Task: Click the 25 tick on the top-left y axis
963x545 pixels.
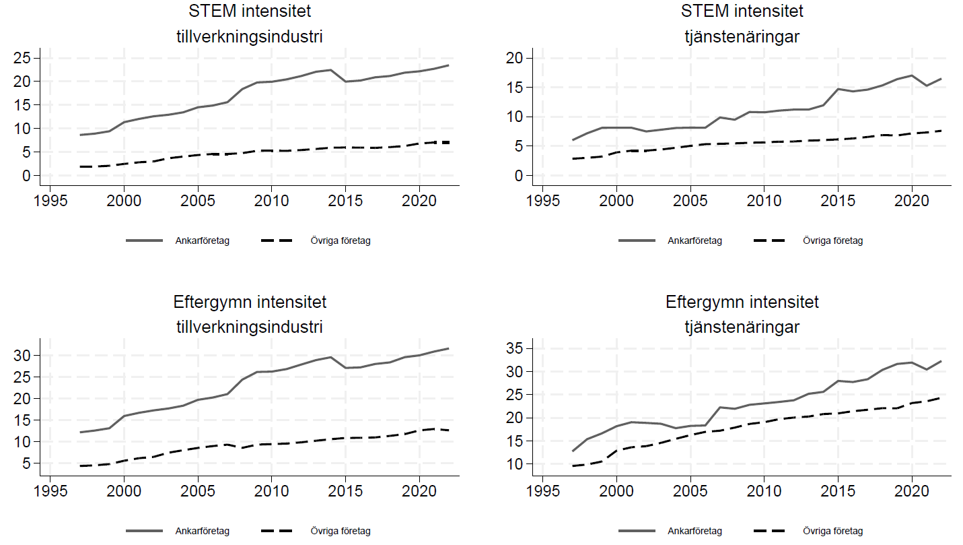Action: [x=26, y=58]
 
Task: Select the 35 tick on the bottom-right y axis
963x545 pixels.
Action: [x=518, y=348]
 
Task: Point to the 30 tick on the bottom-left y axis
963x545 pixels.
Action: [x=26, y=355]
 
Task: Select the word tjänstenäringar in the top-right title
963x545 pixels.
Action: [x=742, y=36]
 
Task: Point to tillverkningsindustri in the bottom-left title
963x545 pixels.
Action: [x=249, y=327]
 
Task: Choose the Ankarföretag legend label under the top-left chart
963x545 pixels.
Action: [x=203, y=241]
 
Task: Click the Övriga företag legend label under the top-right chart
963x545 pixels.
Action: [x=832, y=241]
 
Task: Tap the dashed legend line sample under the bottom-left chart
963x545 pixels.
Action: [x=275, y=531]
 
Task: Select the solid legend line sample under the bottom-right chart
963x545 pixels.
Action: [x=637, y=531]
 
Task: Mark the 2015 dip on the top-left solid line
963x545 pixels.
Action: [x=345, y=82]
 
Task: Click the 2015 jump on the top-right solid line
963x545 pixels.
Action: [x=838, y=89]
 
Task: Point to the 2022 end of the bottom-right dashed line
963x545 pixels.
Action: [x=941, y=397]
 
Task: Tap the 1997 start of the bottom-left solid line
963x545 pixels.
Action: [x=80, y=432]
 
